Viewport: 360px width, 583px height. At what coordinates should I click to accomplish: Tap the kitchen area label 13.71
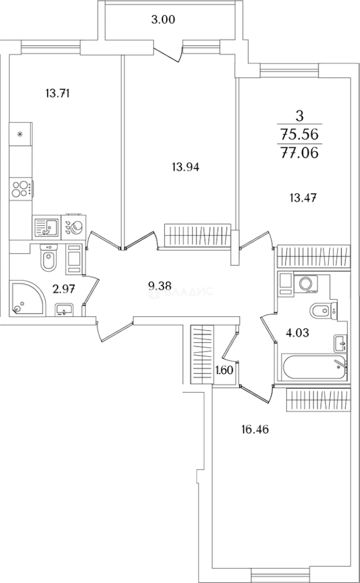pos(59,93)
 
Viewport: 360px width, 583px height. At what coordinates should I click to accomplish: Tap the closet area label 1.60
pos(224,371)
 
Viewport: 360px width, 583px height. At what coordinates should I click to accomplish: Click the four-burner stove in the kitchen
pos(20,189)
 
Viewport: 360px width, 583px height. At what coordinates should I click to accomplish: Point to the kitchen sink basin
pos(46,226)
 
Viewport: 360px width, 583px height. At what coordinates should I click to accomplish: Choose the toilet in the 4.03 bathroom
pos(321,311)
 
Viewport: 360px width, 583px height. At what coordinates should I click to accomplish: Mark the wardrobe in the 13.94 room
pos(198,235)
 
